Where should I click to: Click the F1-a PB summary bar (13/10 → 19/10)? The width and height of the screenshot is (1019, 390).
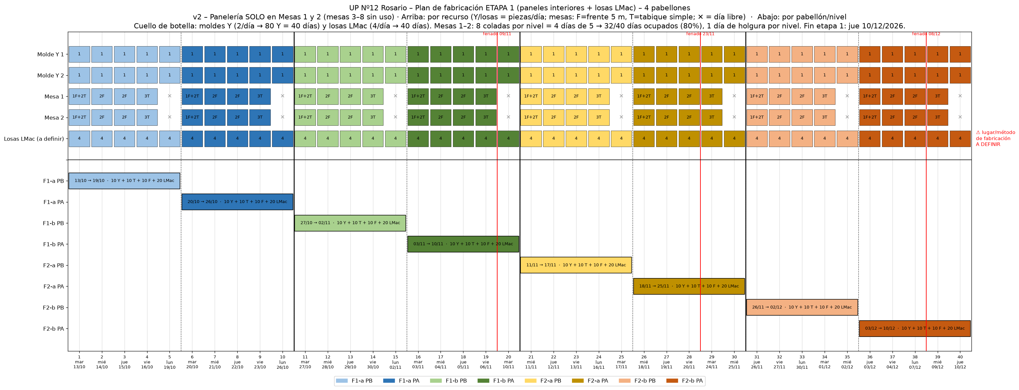click(124, 180)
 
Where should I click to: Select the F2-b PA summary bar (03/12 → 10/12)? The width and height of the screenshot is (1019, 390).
click(914, 328)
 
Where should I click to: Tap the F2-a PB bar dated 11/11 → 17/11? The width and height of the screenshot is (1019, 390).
click(576, 265)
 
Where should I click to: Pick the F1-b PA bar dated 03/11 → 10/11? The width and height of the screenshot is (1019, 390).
click(463, 244)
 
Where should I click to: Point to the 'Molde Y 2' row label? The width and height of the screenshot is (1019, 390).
click(50, 75)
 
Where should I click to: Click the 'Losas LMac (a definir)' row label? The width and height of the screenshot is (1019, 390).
click(34, 139)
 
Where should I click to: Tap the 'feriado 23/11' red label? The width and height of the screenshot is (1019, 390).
click(700, 34)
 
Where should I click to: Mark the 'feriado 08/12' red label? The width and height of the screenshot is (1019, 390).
click(926, 34)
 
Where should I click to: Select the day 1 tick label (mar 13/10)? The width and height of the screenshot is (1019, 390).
click(79, 362)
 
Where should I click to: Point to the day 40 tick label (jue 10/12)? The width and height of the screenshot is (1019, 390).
click(960, 362)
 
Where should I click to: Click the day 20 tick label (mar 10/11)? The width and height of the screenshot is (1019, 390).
click(508, 362)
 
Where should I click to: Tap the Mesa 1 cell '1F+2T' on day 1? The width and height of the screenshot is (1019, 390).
click(79, 96)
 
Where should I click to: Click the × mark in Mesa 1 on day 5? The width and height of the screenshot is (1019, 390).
click(170, 96)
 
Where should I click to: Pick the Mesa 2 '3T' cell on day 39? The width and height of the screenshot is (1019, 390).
click(937, 117)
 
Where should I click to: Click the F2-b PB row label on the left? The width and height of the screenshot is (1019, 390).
click(53, 307)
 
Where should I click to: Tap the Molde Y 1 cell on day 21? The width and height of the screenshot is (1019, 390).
click(531, 54)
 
